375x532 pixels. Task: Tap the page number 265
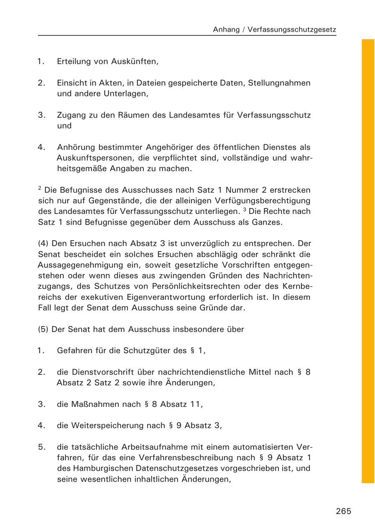tap(343, 511)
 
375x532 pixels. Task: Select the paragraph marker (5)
tap(43, 329)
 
